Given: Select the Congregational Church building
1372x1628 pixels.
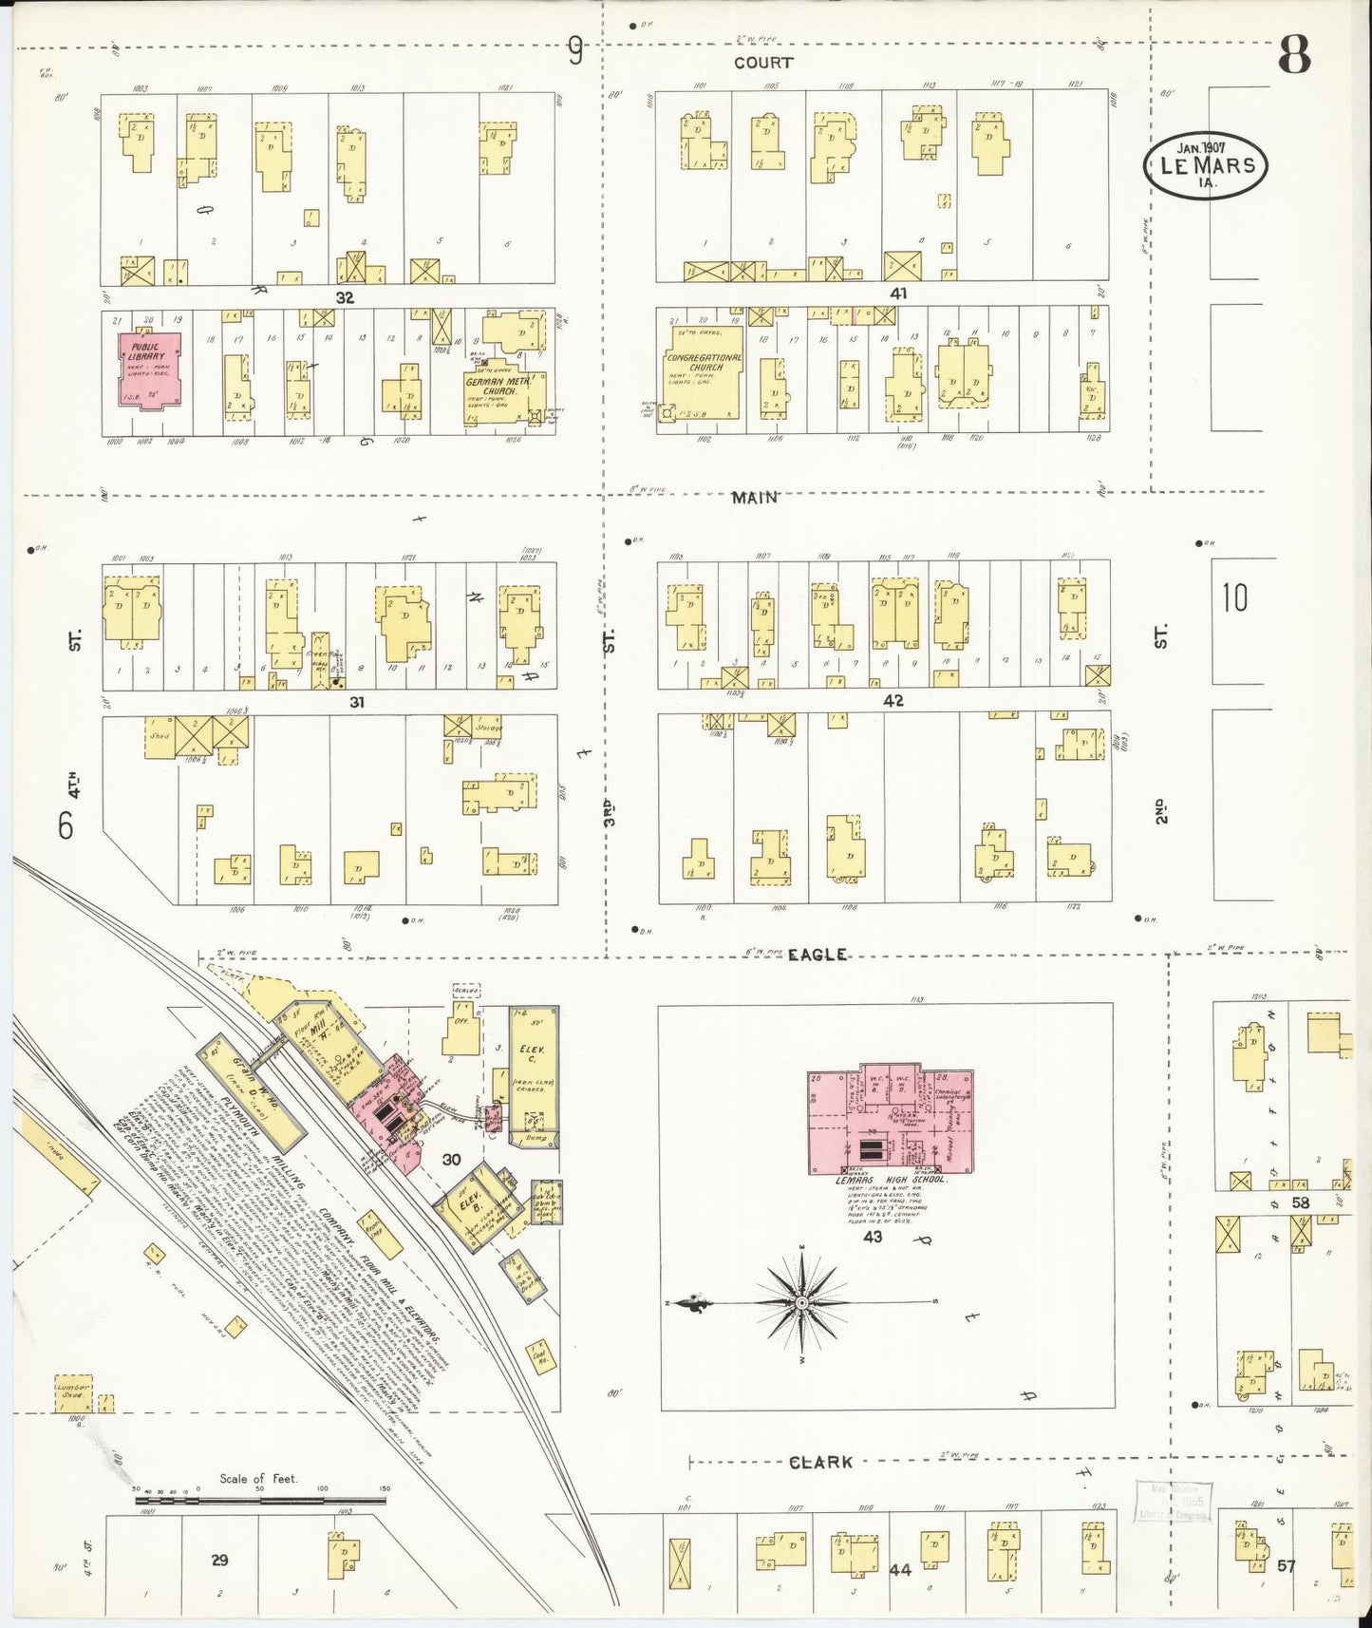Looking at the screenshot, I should pos(705,372).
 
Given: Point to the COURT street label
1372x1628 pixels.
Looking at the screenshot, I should pos(762,63).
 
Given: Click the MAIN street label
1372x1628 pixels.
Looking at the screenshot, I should pos(755,497).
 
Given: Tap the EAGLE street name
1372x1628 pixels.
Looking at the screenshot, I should pos(817,955).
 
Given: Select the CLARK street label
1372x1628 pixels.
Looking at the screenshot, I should pos(820,1463).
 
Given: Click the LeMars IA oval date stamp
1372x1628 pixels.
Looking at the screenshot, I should pos(1206,165).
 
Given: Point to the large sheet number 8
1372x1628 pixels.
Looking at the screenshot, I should pos(1293,56).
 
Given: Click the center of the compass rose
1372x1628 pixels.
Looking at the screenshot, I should pos(802,1300).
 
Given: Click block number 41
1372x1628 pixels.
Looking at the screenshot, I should pos(897,293).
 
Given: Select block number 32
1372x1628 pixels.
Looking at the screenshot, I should pos(344,297).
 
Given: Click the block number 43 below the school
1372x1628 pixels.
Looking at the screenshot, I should pos(872,1237).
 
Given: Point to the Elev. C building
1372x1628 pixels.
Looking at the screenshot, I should pos(533,1073).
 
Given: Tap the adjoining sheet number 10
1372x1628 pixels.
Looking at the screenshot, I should pos(1234,598).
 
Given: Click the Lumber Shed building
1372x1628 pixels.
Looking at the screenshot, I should pos(73,1392).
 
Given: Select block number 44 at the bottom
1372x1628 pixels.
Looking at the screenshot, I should pos(900,1570).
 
